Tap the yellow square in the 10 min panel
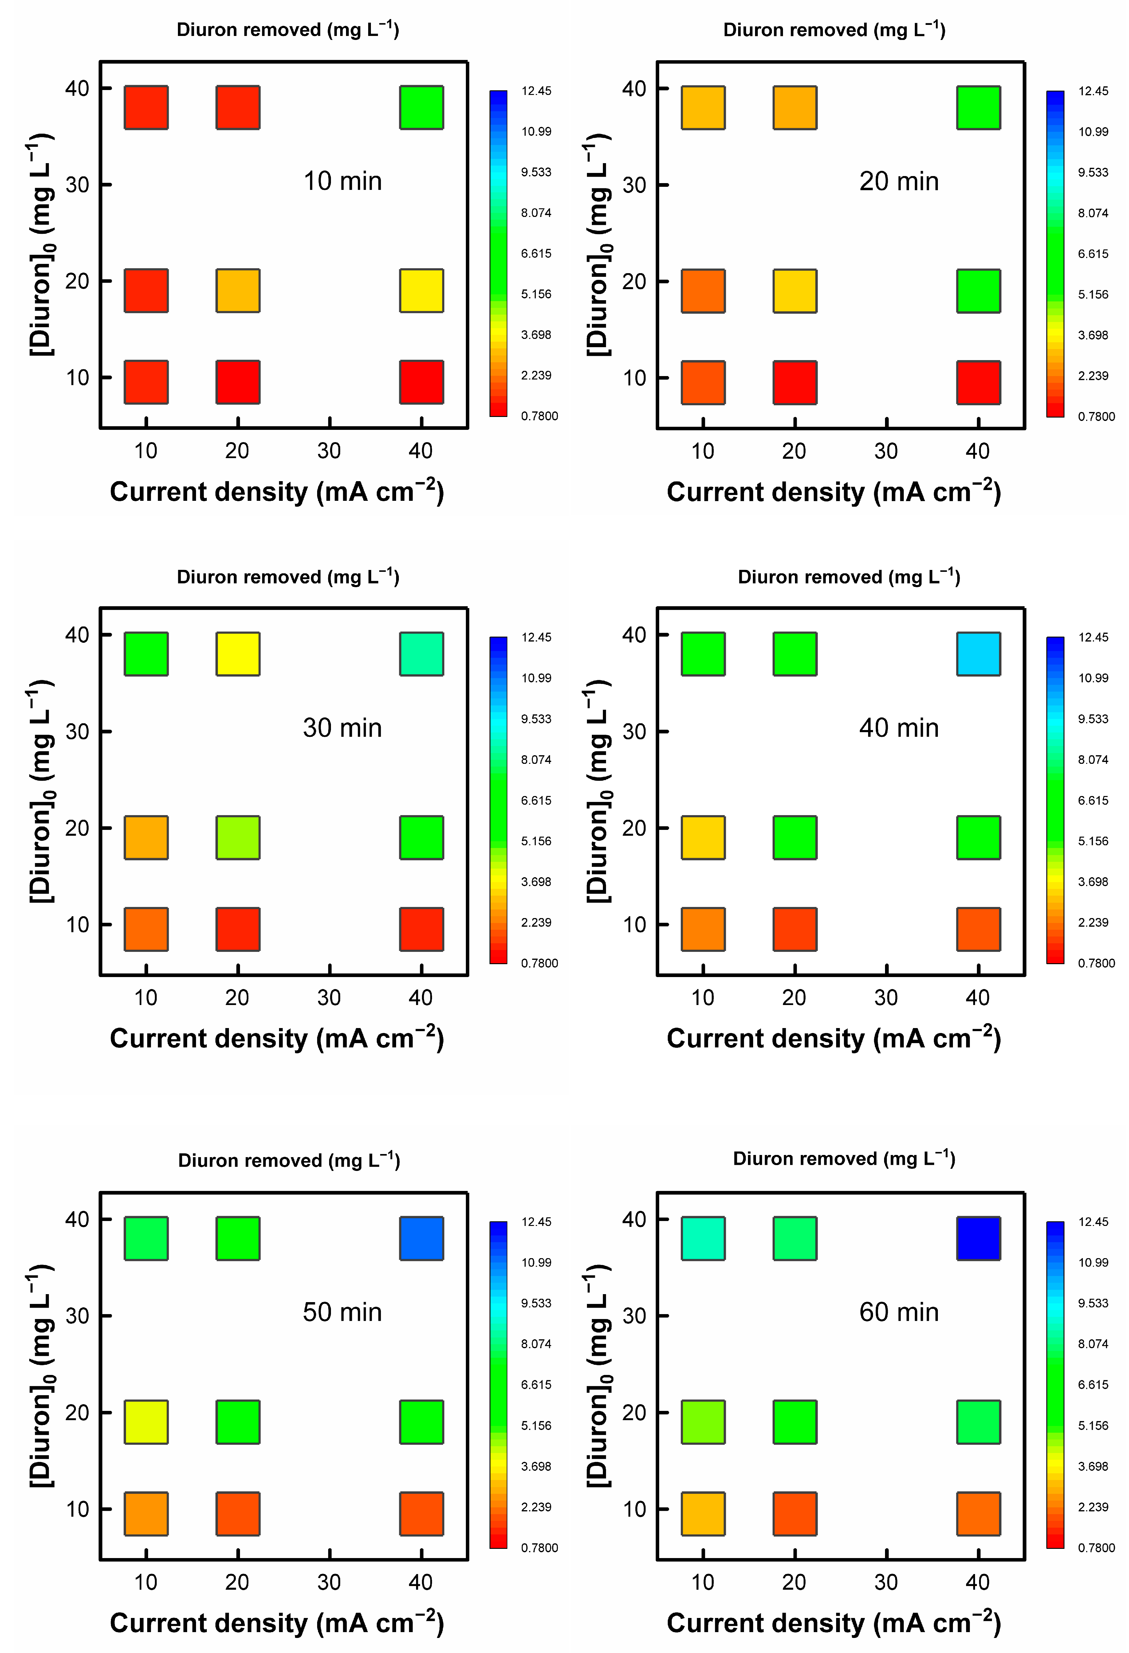tap(421, 290)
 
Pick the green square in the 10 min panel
tap(421, 108)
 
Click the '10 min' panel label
tap(342, 181)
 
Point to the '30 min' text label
tap(342, 728)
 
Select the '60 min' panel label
tap(899, 1312)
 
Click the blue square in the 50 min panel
tap(421, 1238)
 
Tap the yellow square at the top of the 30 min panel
tap(238, 654)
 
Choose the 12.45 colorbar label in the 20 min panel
tap(1093, 91)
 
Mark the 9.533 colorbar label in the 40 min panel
tap(1093, 719)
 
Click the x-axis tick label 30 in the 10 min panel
tap(329, 451)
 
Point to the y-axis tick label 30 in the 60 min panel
tap(634, 1316)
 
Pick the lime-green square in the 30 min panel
tap(238, 837)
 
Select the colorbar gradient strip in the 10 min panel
tap(498, 253)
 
